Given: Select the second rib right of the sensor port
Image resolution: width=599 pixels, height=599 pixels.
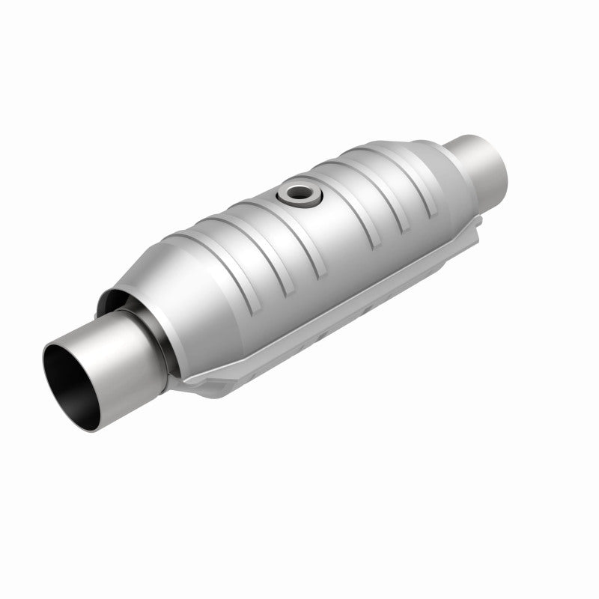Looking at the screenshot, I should tap(374, 180).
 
